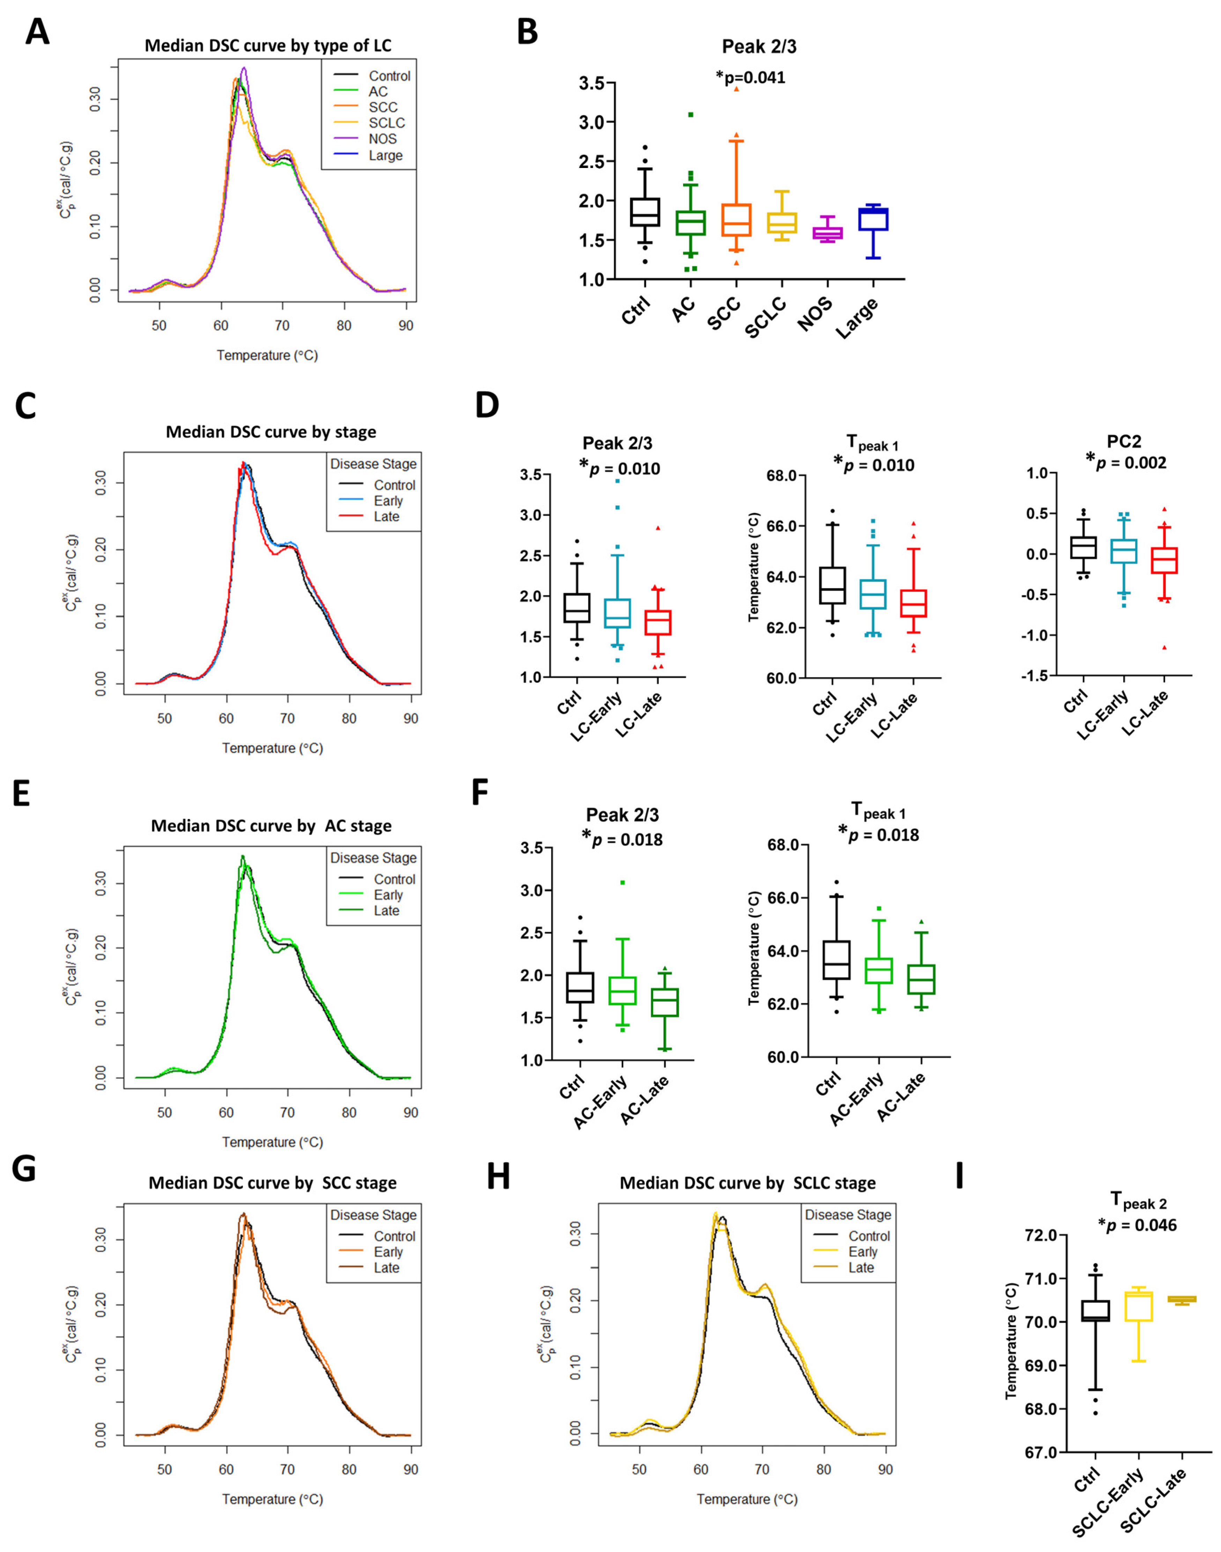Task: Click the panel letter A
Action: (37, 32)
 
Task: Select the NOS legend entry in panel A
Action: (383, 139)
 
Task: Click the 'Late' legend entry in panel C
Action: (386, 517)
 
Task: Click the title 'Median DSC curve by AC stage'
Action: (271, 826)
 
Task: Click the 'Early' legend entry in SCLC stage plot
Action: (862, 1252)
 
